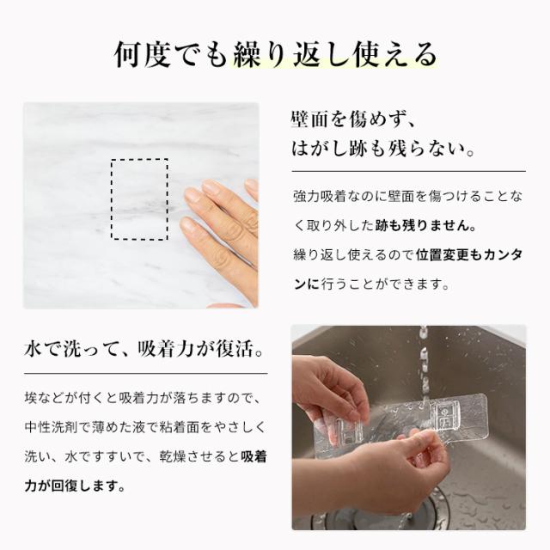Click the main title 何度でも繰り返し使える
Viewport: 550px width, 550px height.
pyautogui.click(x=276, y=55)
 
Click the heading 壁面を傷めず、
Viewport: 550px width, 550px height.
pyautogui.click(x=353, y=119)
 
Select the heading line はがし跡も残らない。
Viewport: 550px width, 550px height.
pyautogui.click(x=383, y=149)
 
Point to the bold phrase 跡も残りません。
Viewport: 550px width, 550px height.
pyautogui.click(x=426, y=225)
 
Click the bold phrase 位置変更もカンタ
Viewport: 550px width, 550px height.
pyautogui.click(x=469, y=255)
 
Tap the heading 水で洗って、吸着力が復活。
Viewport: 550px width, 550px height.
pyautogui.click(x=144, y=350)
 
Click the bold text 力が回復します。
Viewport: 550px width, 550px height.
pyautogui.click(x=75, y=486)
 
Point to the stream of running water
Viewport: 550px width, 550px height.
pyautogui.click(x=424, y=364)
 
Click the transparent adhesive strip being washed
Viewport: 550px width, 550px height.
pyautogui.click(x=400, y=425)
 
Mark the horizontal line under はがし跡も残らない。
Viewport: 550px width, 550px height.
pyautogui.click(x=409, y=172)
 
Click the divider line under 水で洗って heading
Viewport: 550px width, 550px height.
pyautogui.click(x=146, y=374)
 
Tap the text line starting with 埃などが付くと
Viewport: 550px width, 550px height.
pyautogui.click(x=144, y=398)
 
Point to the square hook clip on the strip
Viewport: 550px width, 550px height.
pyautogui.click(x=443, y=417)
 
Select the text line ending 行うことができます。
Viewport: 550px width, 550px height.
pyautogui.click(x=372, y=284)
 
